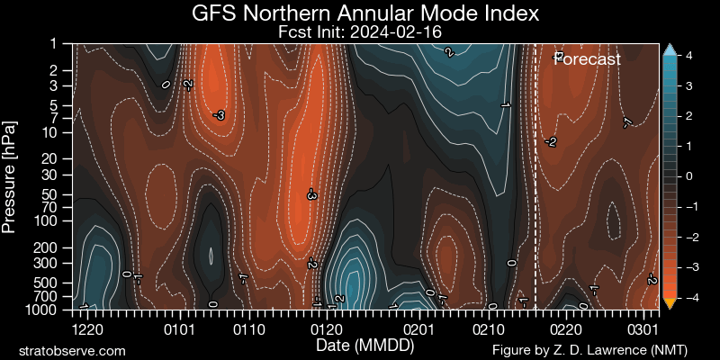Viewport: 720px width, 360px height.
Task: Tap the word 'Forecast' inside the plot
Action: point(587,60)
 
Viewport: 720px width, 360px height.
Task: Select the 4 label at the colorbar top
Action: point(688,56)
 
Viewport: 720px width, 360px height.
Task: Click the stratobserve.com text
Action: point(73,350)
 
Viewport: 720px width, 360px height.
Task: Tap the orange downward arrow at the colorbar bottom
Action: point(669,303)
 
